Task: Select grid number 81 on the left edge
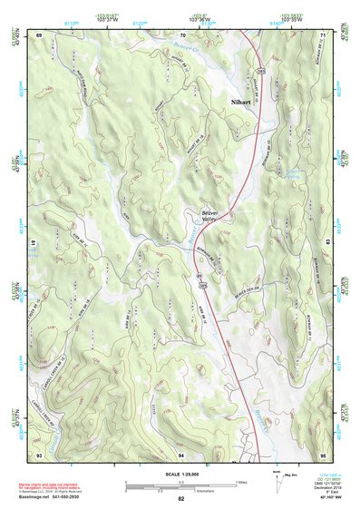pyautogui.click(x=37, y=243)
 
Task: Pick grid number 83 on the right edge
pyautogui.click(x=326, y=243)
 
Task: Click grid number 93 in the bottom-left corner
pyautogui.click(x=40, y=453)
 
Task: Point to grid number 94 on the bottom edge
pyautogui.click(x=181, y=453)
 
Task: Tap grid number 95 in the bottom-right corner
pyautogui.click(x=323, y=453)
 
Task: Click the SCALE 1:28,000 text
pyautogui.click(x=180, y=474)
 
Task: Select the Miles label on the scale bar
pyautogui.click(x=241, y=481)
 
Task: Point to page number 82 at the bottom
pyautogui.click(x=181, y=499)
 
